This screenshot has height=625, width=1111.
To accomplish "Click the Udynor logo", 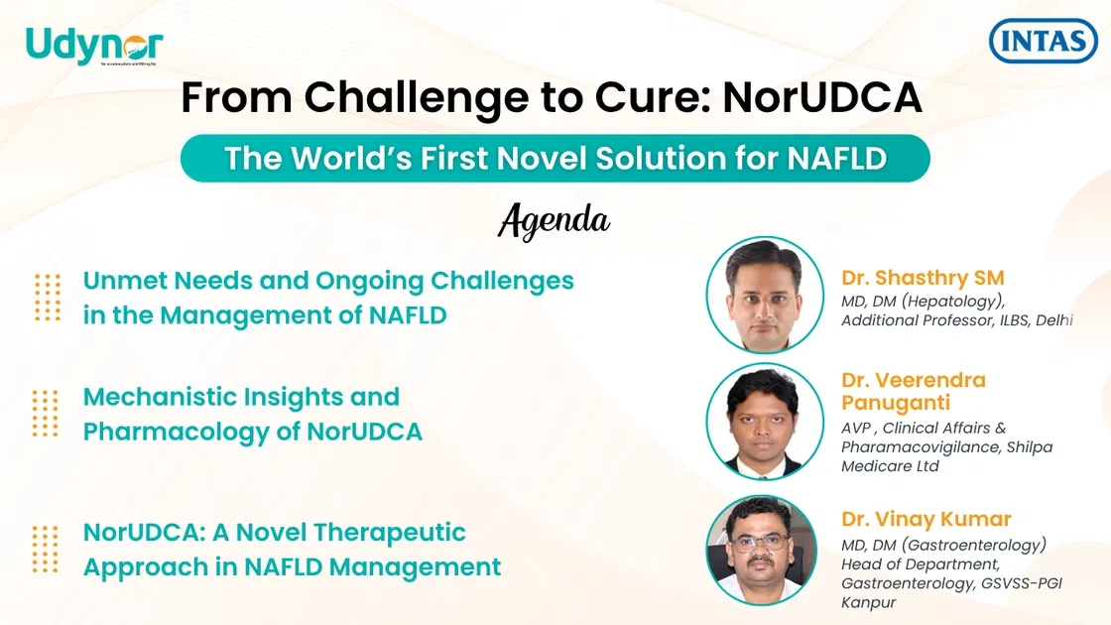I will [94, 46].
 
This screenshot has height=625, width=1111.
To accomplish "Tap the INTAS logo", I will [1044, 42].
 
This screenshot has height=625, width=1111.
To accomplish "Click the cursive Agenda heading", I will [554, 220].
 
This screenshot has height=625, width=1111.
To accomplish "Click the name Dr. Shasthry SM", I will [923, 278].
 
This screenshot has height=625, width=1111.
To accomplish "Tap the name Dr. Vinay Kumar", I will [926, 519].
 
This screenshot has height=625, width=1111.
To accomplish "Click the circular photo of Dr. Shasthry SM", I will [764, 295].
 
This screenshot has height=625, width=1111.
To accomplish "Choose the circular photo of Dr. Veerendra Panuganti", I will [764, 422].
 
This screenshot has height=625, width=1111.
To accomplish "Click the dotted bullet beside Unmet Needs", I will [47, 298].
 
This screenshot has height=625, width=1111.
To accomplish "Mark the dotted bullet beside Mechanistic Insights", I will [47, 414].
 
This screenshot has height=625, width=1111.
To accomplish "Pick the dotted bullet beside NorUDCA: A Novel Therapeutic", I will [47, 549].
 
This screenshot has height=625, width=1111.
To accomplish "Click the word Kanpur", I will [869, 603].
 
